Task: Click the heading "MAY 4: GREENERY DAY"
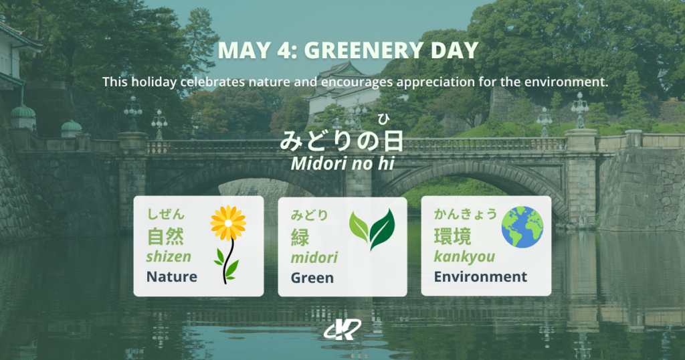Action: [348, 50]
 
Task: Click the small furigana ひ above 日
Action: [383, 120]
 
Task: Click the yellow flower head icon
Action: [228, 223]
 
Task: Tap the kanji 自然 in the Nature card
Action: [165, 236]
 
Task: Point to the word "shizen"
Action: [169, 256]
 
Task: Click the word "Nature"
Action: [172, 276]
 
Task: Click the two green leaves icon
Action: [373, 228]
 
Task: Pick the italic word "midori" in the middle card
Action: [314, 258]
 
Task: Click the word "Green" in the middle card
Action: [312, 278]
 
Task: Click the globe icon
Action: [522, 226]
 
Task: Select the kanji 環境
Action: [453, 236]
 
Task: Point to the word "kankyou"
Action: [464, 256]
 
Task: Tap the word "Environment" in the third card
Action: [480, 276]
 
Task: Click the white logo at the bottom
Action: [342, 329]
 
